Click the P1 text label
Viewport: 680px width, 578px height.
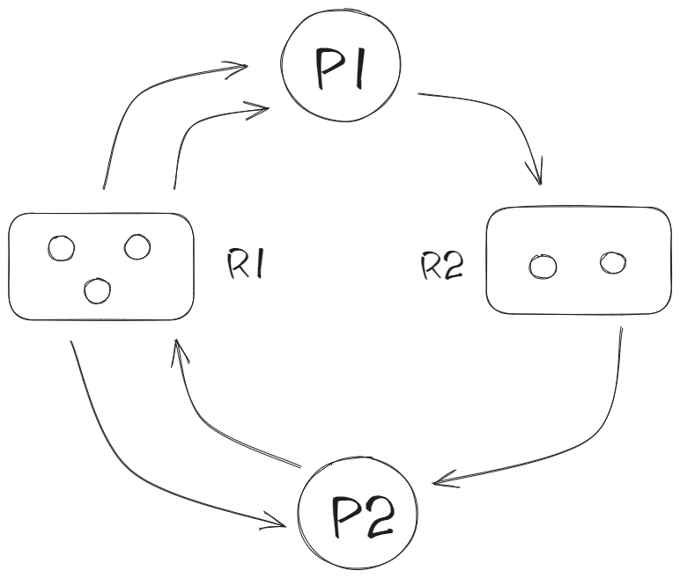click(x=340, y=69)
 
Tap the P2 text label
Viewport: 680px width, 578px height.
click(x=363, y=516)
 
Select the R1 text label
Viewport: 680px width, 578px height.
click(x=245, y=263)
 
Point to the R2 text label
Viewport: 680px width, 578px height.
click(x=442, y=267)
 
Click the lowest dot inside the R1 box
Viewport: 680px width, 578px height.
click(x=97, y=290)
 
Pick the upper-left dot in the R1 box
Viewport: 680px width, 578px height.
click(x=61, y=248)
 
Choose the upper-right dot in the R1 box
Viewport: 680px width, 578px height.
click(x=137, y=247)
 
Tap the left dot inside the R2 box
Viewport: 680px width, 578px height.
click(x=543, y=267)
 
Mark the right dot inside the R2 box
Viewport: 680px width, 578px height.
click(x=613, y=262)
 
